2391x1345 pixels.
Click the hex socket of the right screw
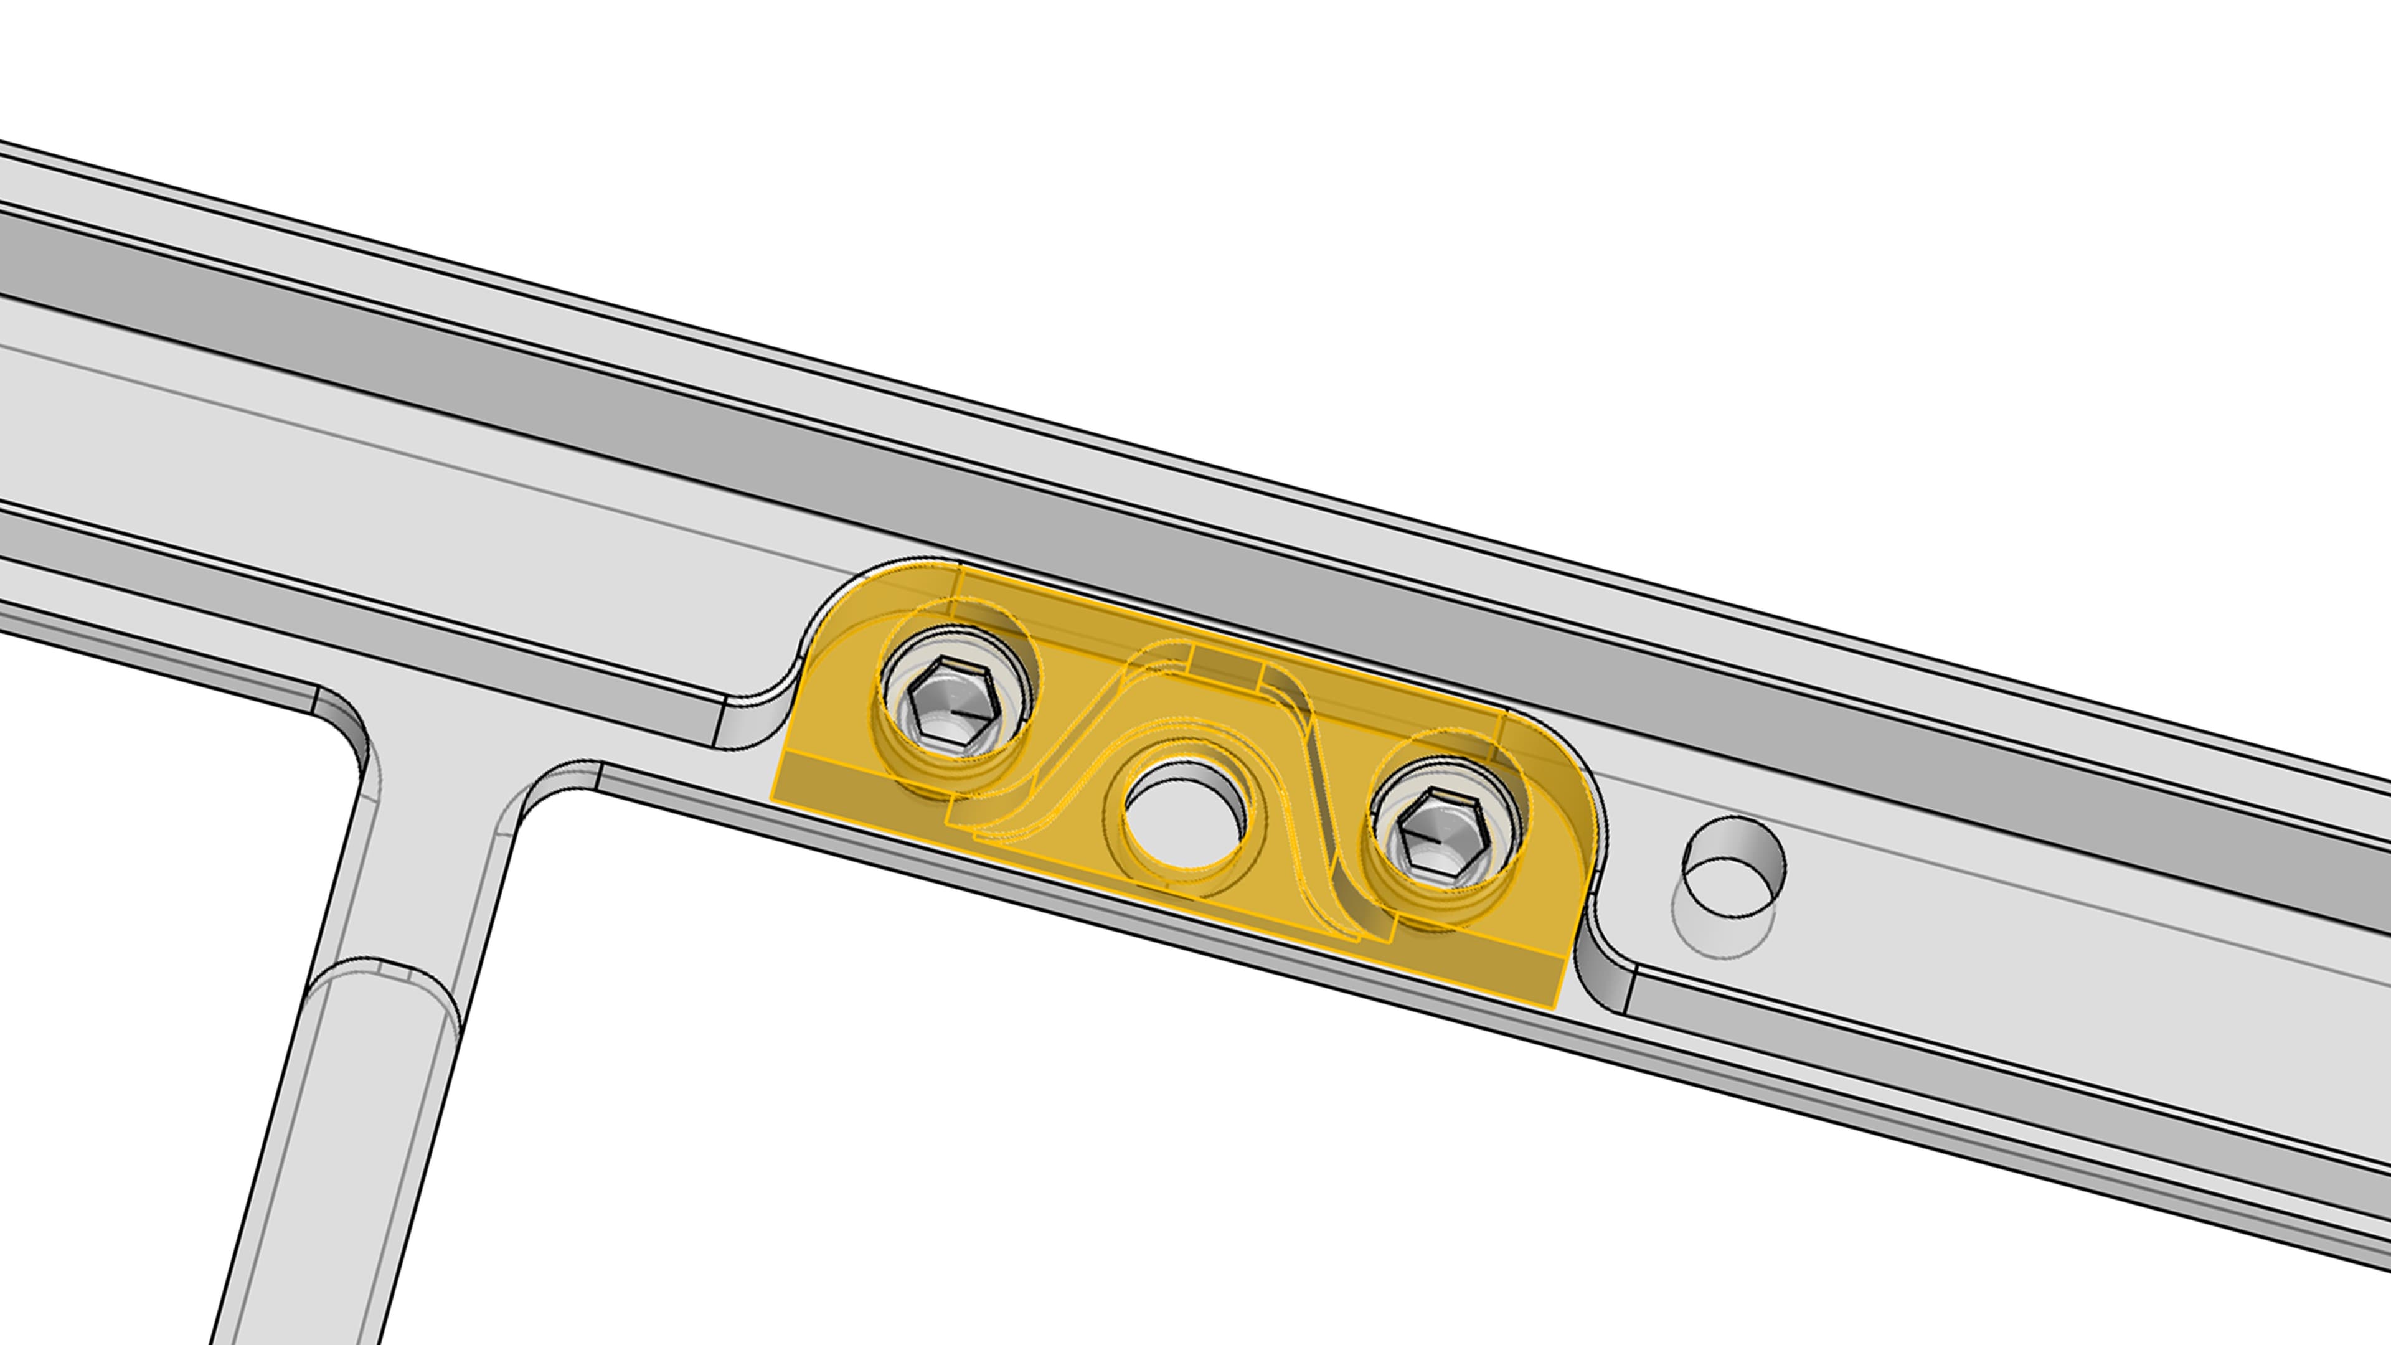1443,834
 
